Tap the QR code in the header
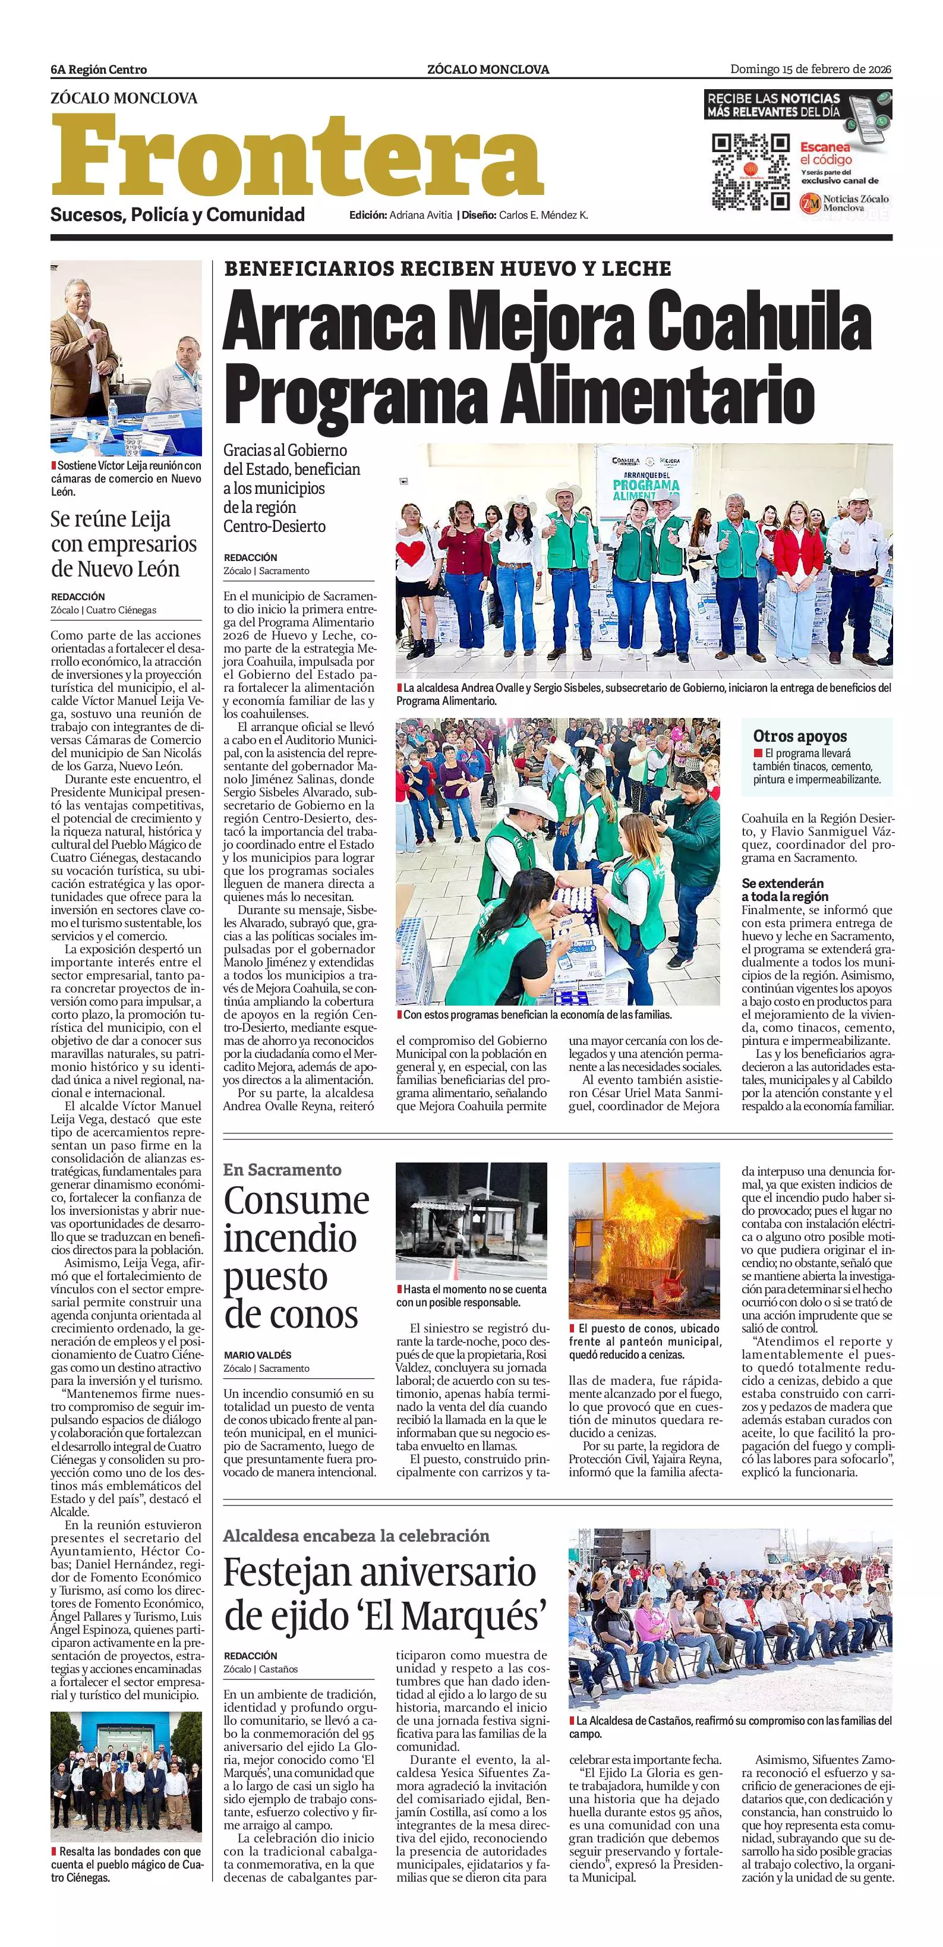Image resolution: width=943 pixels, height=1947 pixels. [750, 172]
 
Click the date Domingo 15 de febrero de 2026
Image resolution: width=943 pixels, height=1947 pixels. [810, 70]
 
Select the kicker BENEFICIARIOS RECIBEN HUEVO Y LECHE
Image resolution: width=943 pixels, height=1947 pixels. [447, 268]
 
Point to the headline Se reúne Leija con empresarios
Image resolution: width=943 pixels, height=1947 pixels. [125, 543]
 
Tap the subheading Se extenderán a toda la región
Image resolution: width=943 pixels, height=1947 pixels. [782, 890]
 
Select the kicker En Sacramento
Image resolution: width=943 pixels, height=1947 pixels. [282, 1169]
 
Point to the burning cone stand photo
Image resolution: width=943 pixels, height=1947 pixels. [644, 1240]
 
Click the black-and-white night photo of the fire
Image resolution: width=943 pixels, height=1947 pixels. [471, 1221]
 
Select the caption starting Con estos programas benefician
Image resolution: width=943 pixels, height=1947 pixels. [537, 1015]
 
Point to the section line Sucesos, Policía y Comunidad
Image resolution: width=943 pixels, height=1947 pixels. [178, 215]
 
